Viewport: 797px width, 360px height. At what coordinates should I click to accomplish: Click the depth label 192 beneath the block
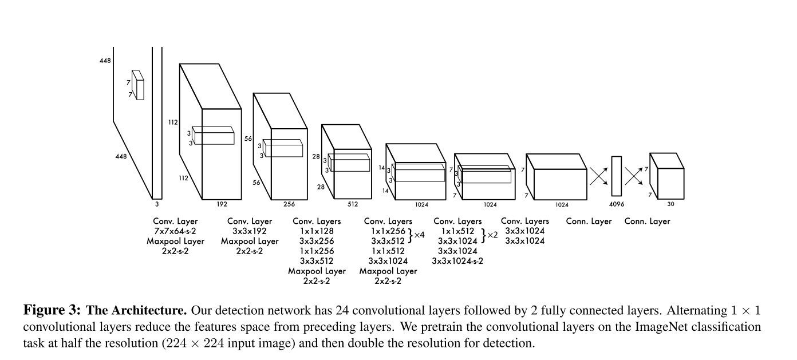[x=222, y=204]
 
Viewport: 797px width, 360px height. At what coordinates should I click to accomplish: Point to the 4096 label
[x=616, y=204]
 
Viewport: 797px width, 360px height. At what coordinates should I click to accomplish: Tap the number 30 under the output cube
[x=670, y=204]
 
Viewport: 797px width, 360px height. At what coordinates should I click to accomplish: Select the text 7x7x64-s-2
[x=175, y=231]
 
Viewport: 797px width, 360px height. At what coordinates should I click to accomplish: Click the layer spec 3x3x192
[x=250, y=231]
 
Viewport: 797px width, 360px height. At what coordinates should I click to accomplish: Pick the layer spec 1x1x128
[x=317, y=231]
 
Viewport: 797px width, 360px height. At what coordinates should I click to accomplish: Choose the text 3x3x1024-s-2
[x=457, y=261]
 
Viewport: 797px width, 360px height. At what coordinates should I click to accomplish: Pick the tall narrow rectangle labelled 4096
[x=616, y=176]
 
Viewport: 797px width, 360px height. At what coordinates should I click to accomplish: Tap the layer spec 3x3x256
[x=317, y=241]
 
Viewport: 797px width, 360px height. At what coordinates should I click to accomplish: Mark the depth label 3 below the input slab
[x=156, y=204]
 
